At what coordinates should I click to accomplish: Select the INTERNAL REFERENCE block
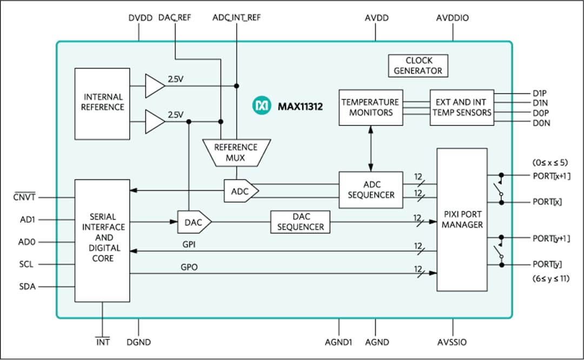pos(102,102)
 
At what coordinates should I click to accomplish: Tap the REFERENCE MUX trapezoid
pos(236,152)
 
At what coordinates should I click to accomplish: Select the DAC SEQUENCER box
pos(301,222)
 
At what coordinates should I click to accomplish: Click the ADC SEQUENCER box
pos(371,190)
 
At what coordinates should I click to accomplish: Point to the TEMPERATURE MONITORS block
pos(370,108)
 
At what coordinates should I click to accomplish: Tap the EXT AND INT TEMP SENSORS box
pos(461,108)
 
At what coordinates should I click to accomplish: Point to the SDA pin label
pos(27,287)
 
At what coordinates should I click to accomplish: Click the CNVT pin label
pos(24,197)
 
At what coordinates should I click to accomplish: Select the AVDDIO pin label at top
pos(452,18)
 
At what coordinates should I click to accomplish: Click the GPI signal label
pos(188,244)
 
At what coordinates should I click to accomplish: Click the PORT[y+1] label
pos(552,238)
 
